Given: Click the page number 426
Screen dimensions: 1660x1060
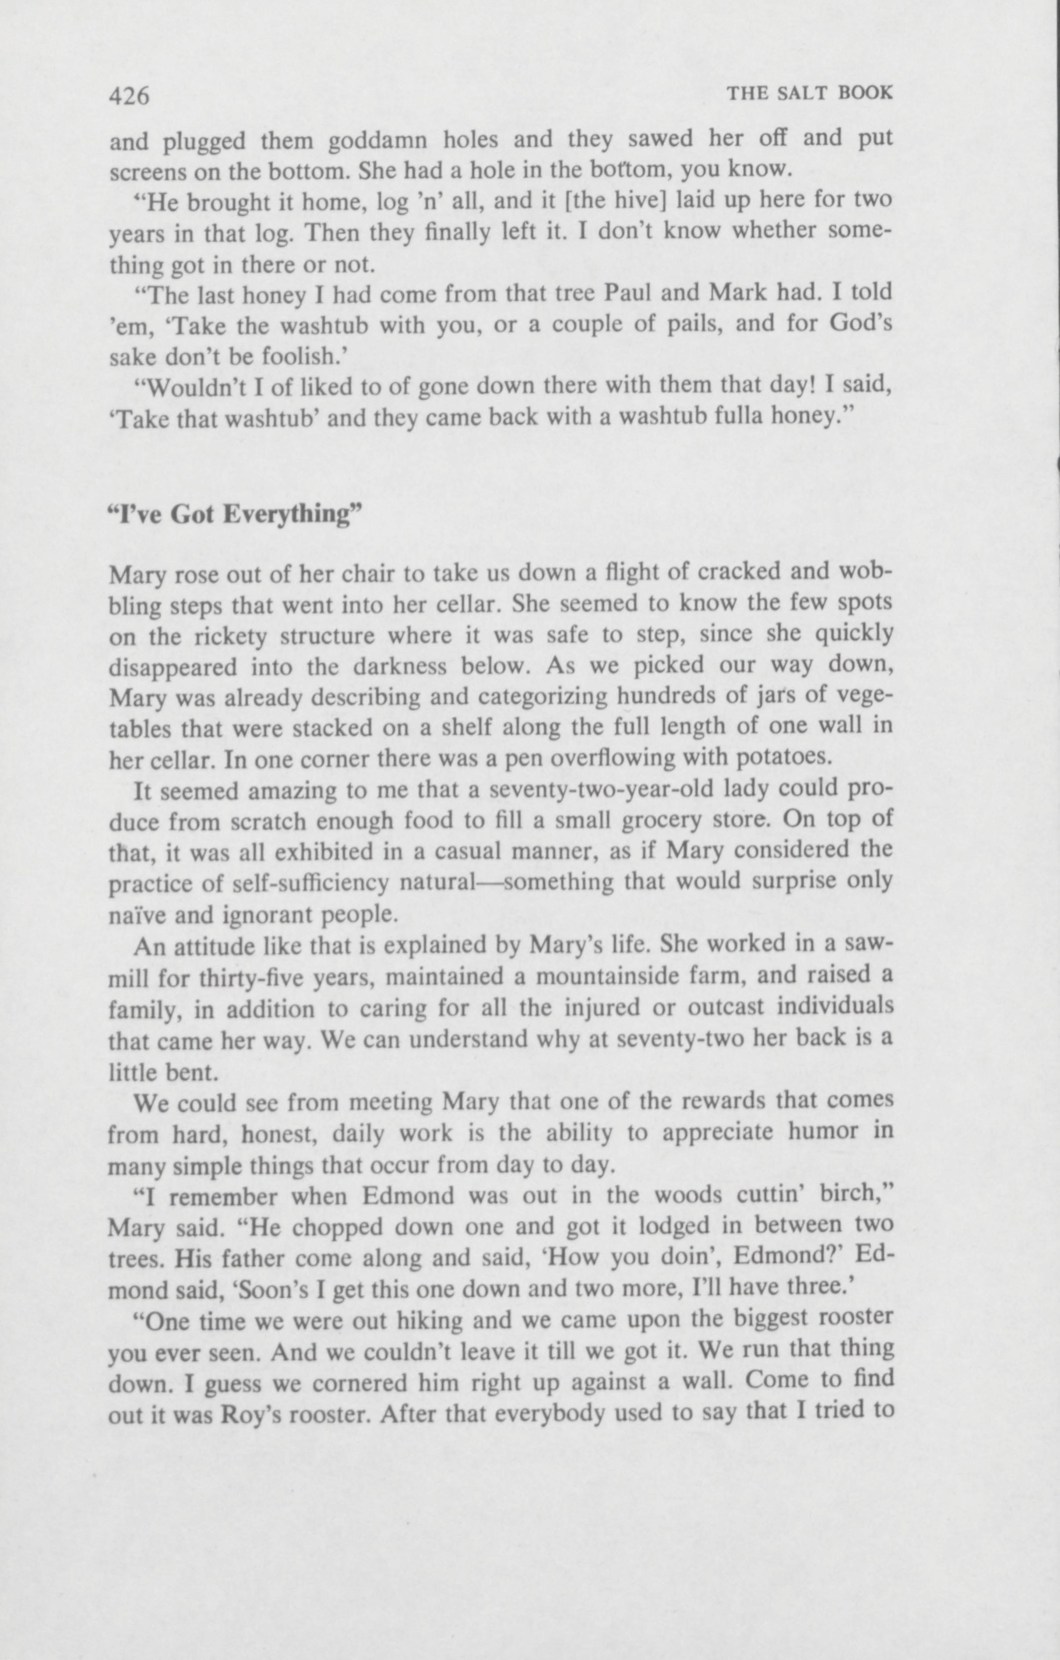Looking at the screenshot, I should pos(130,96).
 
